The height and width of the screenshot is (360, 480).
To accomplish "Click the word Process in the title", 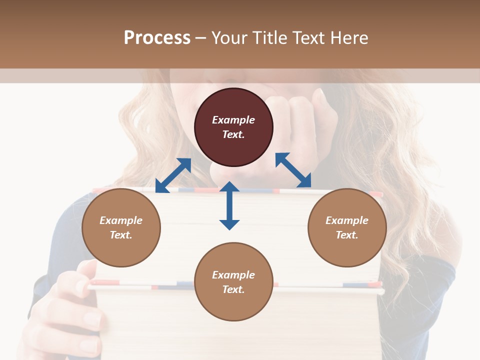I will (x=157, y=38).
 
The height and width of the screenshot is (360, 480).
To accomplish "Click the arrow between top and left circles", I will (x=173, y=175).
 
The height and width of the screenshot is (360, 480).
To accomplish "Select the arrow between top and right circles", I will (x=293, y=170).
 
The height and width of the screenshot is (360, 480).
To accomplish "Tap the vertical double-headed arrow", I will (x=229, y=205).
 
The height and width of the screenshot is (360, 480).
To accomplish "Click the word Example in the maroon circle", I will (x=233, y=120).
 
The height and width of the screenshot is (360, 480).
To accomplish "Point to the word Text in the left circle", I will (x=121, y=235).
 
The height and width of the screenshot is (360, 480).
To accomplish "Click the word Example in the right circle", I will (x=347, y=220).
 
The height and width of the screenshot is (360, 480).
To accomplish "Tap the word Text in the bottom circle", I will (x=233, y=289).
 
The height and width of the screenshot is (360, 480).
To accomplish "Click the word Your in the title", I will (x=228, y=38).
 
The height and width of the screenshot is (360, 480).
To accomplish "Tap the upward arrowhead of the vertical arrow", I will (x=229, y=187).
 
